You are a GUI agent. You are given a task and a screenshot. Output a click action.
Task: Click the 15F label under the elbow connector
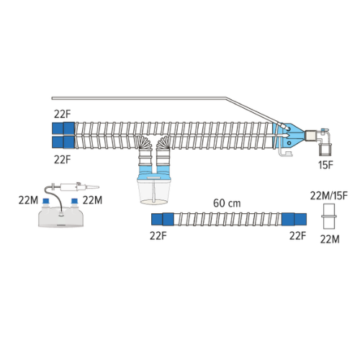tap(325, 165)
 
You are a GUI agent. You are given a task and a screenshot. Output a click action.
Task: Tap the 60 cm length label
tap(227, 203)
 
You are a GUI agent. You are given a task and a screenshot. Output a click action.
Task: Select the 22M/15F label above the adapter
tap(329, 196)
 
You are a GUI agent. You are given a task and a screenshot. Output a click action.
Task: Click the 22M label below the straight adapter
tap(330, 239)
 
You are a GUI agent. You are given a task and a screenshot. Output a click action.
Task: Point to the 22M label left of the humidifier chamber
tap(28, 200)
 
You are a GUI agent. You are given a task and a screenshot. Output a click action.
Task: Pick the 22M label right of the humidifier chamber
tap(92, 200)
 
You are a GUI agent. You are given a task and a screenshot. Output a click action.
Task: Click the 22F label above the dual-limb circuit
tap(63, 114)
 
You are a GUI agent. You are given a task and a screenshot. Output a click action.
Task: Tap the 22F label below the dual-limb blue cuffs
tap(63, 159)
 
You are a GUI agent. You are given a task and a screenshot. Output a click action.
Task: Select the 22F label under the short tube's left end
tap(158, 236)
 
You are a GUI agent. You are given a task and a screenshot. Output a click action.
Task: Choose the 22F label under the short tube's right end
tap(297, 236)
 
